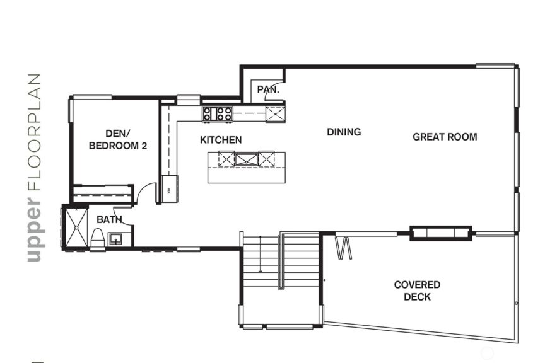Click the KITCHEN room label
(x=221, y=140)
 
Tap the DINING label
(x=344, y=132)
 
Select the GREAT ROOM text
(x=445, y=137)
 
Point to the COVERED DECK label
(x=417, y=291)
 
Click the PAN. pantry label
(x=268, y=89)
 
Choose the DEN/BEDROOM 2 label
(x=118, y=140)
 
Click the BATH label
(x=109, y=219)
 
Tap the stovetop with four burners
(x=218, y=114)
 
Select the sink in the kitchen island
(x=247, y=159)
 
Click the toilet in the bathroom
(x=98, y=238)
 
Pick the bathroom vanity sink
(x=115, y=239)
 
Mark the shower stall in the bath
(x=76, y=228)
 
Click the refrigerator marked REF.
(x=170, y=190)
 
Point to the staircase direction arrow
(x=261, y=254)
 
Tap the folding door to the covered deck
(x=344, y=248)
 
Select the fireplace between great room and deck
(x=441, y=233)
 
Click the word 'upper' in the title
(x=34, y=229)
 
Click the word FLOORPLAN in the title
(x=34, y=132)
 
